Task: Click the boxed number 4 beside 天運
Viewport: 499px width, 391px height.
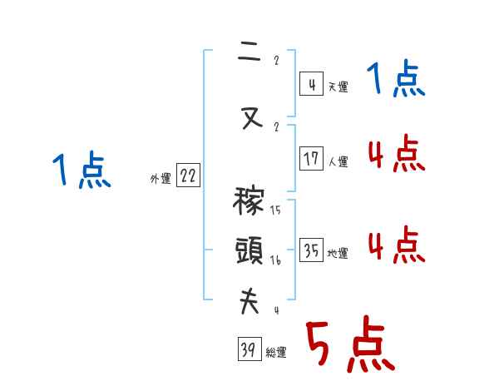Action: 311,84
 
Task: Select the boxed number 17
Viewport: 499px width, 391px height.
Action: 311,158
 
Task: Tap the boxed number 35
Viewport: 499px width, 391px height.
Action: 311,251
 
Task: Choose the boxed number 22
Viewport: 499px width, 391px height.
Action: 188,176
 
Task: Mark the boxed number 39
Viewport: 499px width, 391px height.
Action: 248,350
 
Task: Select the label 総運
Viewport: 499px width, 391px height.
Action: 276,353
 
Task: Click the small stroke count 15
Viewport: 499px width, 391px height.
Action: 275,210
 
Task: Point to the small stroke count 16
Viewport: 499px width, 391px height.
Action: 275,260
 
